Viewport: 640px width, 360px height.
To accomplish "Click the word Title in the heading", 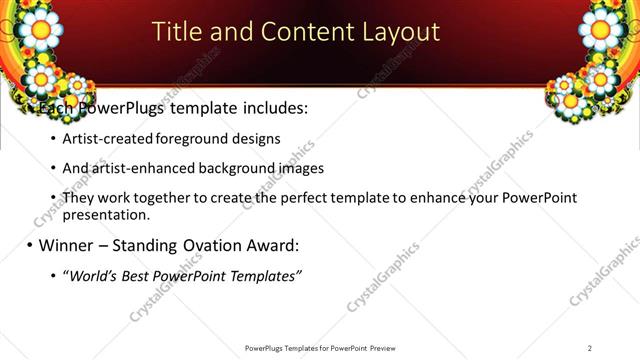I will point(175,32).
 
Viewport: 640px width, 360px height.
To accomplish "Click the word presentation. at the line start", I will point(106,214).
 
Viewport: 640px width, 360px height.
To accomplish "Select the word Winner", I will point(70,245).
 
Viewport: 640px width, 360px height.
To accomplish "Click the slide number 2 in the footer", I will point(590,347).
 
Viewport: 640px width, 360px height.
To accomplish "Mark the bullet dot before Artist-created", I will point(53,139).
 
